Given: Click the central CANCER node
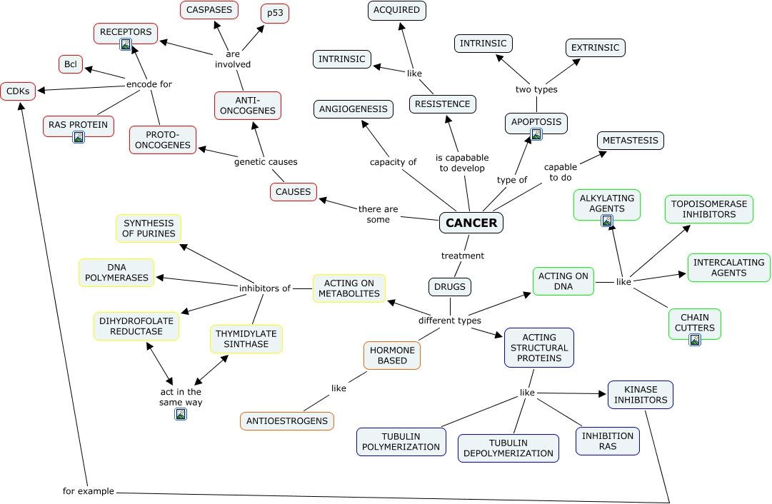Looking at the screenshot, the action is pos(471,223).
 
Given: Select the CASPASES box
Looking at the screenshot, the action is pos(209,10).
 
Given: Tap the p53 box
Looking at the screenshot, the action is pos(275,14).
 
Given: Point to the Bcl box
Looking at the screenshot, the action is pos(71,64).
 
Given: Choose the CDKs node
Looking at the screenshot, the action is pos(18,91).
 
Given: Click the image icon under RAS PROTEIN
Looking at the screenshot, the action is pos(79,137).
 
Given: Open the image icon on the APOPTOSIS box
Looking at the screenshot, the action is pos(536,134).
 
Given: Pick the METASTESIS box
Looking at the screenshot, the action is pos(630,140).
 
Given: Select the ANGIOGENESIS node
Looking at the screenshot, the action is pos(354,109).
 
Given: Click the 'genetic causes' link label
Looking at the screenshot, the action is pos(266,161).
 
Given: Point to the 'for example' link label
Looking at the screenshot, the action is pos(88,490).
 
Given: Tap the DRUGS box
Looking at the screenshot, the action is pos(450,286).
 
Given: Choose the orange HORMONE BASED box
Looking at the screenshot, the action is pos(392,356).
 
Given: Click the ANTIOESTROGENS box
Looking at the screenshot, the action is pos(287,420).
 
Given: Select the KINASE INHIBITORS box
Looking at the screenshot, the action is pos(641,395).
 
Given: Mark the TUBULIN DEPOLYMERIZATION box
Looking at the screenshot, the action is pos(508,448).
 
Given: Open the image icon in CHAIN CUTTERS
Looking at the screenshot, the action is pos(695,340).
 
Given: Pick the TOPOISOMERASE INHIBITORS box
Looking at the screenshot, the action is pos(709,209).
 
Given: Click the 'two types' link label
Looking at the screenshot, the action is pos(536,89).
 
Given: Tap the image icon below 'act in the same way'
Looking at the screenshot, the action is pos(181,414).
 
